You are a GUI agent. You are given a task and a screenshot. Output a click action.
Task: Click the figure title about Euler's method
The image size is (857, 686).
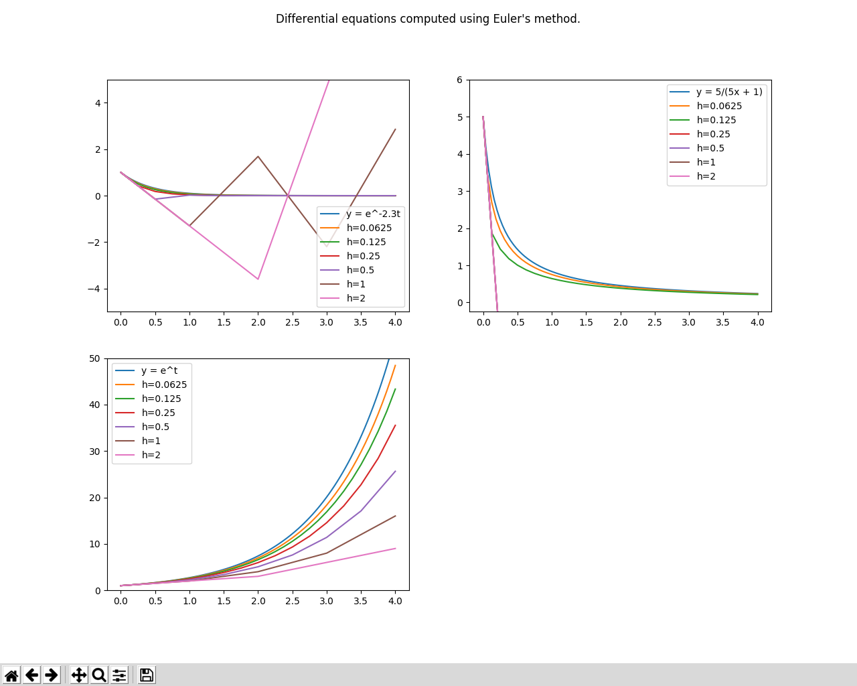428,19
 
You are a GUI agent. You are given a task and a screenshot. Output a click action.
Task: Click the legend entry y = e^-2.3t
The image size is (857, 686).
373,214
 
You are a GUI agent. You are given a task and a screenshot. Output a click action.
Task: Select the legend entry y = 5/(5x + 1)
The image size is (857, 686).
728,92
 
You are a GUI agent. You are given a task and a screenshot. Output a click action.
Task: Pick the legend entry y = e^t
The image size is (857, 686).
159,370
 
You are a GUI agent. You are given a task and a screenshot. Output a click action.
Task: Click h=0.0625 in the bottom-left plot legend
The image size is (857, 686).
164,385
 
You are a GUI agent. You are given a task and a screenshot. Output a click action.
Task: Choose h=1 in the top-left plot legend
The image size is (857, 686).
356,284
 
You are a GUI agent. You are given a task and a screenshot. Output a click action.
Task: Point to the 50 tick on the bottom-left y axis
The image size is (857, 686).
94,358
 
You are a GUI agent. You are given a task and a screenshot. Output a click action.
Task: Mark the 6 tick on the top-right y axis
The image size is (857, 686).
459,80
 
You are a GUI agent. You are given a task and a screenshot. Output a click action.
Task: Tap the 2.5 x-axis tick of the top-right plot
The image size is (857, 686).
654,322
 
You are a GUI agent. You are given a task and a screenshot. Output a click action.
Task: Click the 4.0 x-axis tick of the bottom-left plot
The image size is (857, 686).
395,601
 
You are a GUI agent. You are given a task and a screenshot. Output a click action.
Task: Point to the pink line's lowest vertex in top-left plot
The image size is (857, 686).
258,279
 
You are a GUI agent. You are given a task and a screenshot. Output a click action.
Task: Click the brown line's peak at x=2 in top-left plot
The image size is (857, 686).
258,157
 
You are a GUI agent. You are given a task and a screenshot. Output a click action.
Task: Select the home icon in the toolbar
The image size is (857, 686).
11,675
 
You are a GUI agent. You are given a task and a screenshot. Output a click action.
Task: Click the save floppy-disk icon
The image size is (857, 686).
147,675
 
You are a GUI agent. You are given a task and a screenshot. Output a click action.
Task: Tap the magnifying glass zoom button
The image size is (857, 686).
99,675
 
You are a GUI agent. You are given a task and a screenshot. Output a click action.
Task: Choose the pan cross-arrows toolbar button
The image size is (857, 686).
79,675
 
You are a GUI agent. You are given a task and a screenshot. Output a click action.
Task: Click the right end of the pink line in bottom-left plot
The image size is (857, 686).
395,549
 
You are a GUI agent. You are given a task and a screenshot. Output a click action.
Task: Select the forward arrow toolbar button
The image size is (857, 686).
52,675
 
